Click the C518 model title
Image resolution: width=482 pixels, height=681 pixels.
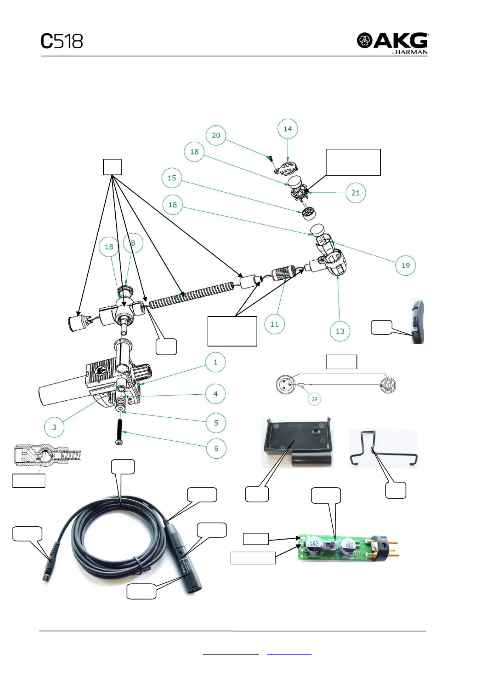pos(62,41)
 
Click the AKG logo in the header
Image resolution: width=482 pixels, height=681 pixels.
pos(392,43)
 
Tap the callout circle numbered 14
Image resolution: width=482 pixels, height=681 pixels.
pos(287,129)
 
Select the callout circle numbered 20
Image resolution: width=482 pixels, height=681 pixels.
pos(216,135)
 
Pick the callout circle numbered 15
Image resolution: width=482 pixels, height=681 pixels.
pos(172,178)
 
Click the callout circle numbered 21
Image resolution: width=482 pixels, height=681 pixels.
pos(355,193)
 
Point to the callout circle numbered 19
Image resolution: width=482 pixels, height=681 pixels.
pos(406,265)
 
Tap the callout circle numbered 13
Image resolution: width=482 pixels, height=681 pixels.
pos(340,331)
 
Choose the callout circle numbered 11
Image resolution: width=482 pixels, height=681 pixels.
pos(274,324)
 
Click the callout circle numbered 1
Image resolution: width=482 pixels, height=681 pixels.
pos(216,362)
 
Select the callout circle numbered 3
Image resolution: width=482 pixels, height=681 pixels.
pos(54,427)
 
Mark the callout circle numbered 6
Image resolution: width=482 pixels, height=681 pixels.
pos(216,448)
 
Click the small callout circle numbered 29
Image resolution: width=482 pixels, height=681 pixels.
pos(314,399)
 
